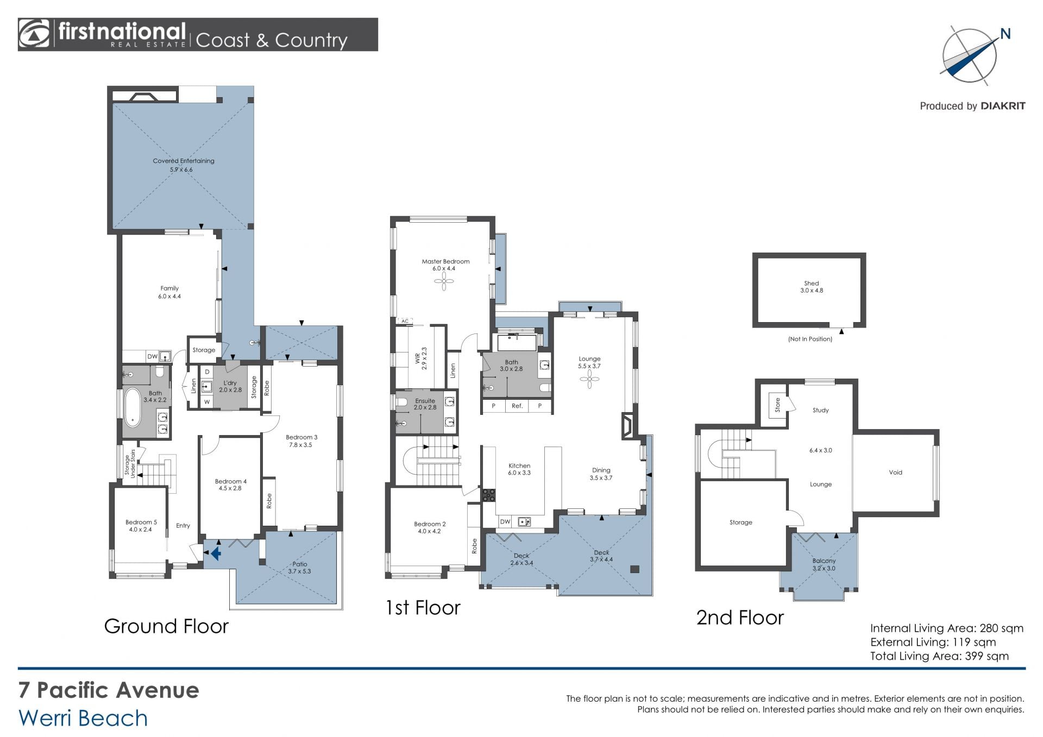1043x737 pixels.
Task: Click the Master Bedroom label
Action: pos(445,261)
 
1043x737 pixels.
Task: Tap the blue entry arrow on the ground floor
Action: pos(216,553)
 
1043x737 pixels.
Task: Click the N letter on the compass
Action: pos(1005,34)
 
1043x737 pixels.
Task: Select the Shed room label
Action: pos(811,283)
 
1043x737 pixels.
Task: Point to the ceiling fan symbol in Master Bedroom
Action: pos(444,281)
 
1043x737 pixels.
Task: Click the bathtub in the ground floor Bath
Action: pos(132,407)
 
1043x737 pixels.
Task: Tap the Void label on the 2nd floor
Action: pos(895,473)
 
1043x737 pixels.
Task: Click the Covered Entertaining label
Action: pos(184,161)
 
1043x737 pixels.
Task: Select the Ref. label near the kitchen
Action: pos(517,406)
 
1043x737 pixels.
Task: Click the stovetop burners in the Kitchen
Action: pos(489,495)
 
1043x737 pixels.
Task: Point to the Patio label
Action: pos(299,564)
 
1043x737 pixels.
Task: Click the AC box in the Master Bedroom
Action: pos(405,321)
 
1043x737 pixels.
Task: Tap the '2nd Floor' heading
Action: pos(740,618)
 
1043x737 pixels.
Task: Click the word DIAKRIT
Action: pos(1003,106)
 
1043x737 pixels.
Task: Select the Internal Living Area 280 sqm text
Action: pos(946,628)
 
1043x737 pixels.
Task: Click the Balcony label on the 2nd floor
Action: pos(824,561)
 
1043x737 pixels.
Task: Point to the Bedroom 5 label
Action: pos(141,522)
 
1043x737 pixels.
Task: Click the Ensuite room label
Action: pos(425,401)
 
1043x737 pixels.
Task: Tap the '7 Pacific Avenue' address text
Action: pos(109,690)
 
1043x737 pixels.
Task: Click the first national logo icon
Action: pos(34,34)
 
